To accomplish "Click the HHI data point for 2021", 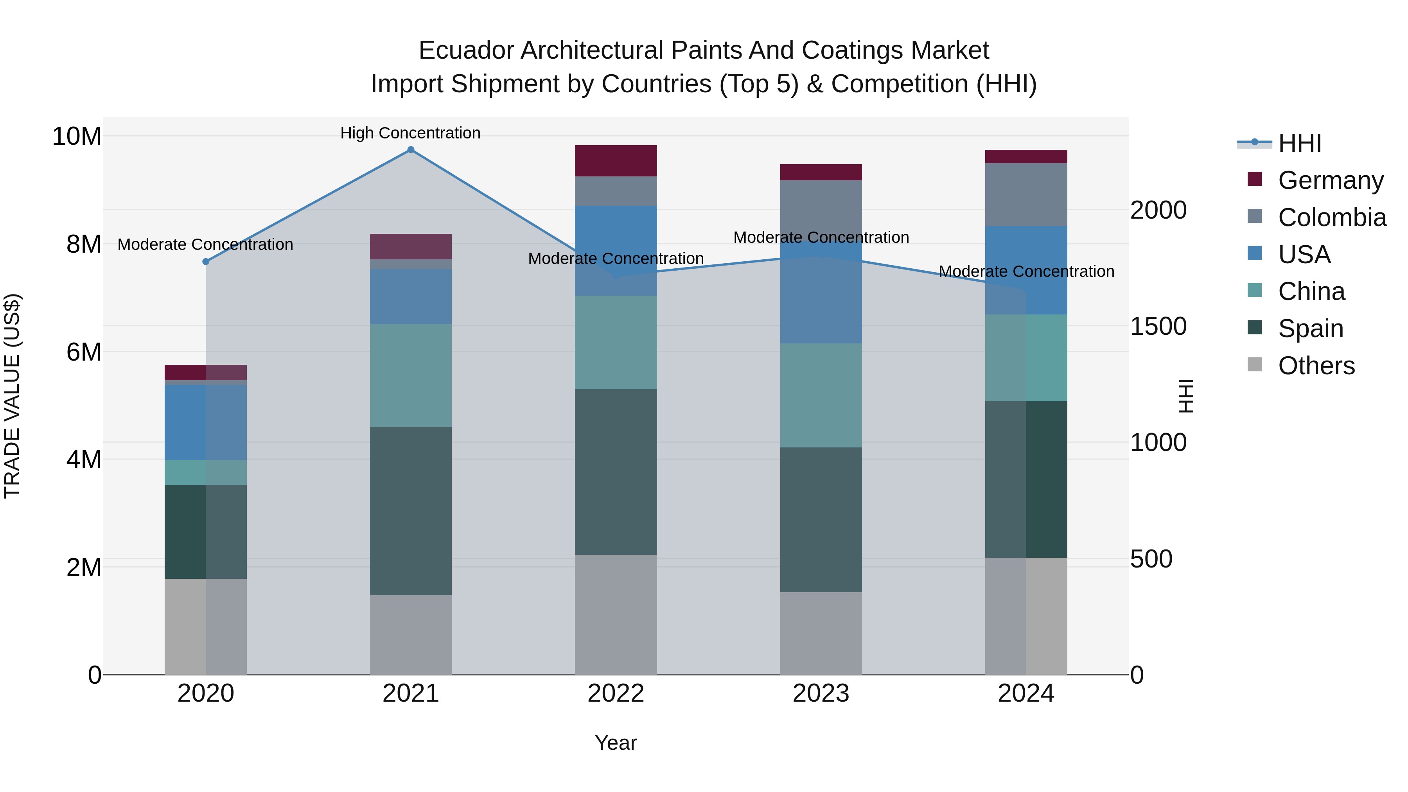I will pos(411,150).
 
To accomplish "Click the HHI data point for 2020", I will pos(205,262).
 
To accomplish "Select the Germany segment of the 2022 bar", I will pos(616,161).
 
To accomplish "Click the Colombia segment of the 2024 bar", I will pos(1025,195).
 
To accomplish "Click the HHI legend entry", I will pos(1299,143).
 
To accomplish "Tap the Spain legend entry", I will pos(1310,329).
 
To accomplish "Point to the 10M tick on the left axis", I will pos(77,136).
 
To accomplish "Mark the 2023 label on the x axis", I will pos(821,693).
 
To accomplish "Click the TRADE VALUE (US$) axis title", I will pos(12,396).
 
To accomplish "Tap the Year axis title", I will pos(616,744).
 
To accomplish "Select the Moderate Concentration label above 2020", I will pos(205,244).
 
